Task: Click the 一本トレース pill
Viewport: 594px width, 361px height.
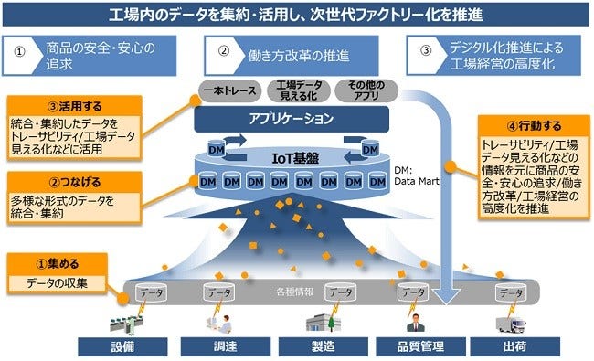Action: (x=229, y=90)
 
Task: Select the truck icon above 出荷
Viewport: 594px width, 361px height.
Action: (x=509, y=321)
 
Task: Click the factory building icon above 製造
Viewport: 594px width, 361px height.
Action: (x=315, y=321)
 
